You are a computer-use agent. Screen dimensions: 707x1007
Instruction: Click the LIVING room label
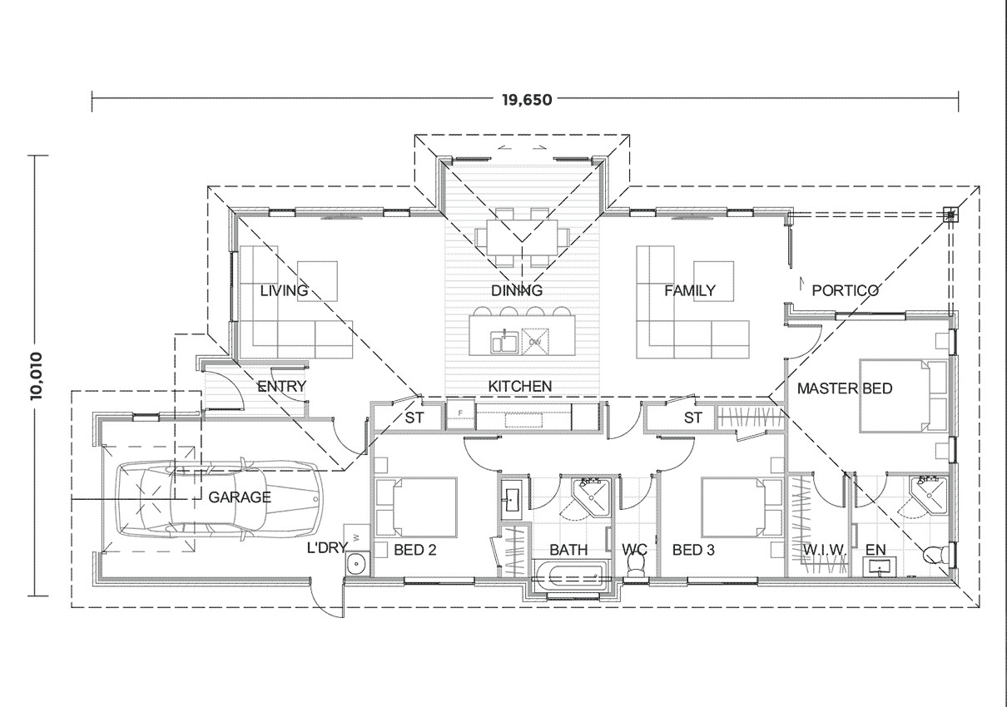(284, 291)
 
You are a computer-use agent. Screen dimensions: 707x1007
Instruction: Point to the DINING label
(516, 291)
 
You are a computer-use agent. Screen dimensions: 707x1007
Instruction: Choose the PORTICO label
(845, 291)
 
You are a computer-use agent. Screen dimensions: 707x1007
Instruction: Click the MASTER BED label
(844, 388)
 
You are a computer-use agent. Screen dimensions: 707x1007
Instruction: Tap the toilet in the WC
(636, 566)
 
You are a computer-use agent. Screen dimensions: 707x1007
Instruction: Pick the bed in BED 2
(416, 507)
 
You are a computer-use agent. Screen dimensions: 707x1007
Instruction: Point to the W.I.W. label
(824, 551)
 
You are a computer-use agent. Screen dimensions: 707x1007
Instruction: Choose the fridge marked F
(459, 413)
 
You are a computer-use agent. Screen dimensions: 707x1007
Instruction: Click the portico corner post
(950, 215)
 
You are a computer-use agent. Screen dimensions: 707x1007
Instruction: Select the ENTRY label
(281, 387)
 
